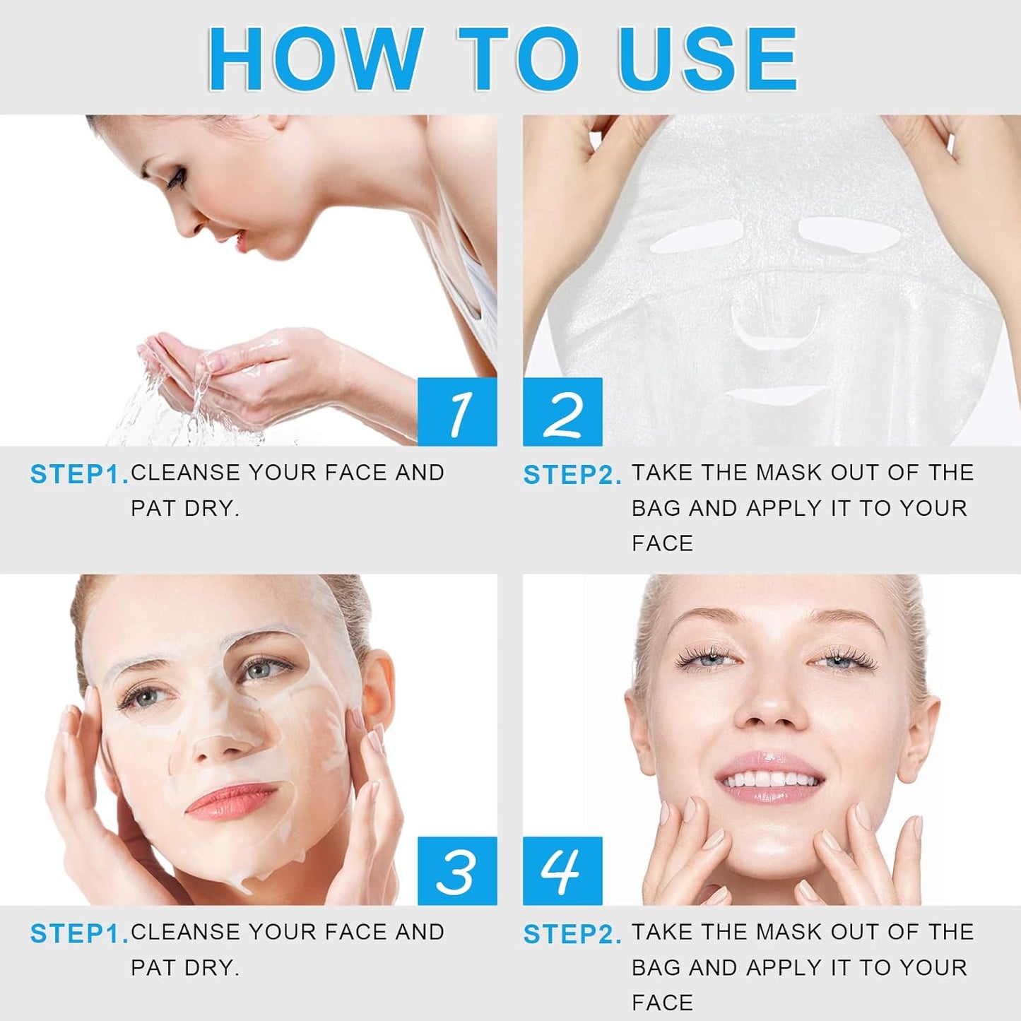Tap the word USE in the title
(x=707, y=59)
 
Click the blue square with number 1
(x=457, y=412)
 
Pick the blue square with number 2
(x=562, y=412)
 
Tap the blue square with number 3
(x=457, y=870)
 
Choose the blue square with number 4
(x=562, y=870)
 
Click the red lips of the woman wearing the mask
(x=230, y=801)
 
